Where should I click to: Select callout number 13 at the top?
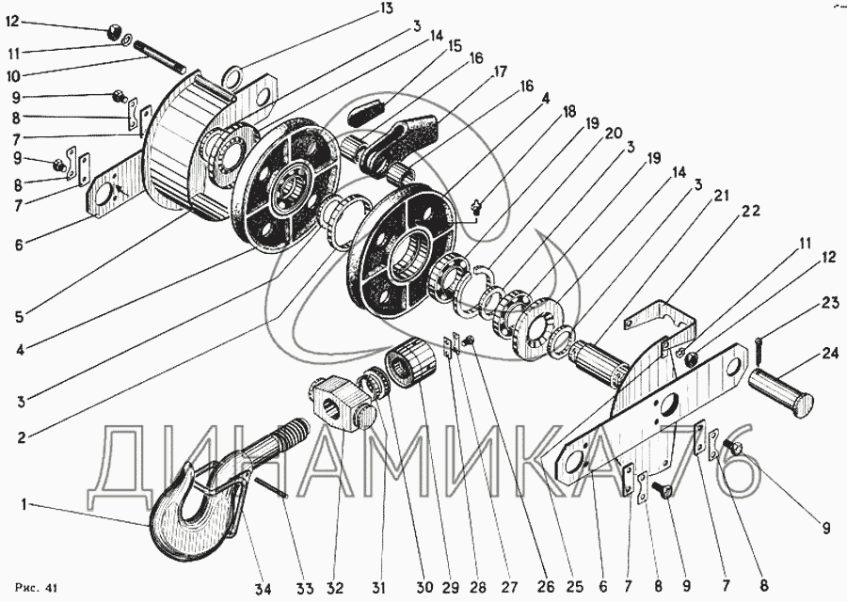coord(386,8)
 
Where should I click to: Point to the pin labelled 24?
coord(781,393)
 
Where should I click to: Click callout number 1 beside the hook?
coord(24,505)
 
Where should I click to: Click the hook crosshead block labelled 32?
coord(342,404)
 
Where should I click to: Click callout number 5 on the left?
coord(19,316)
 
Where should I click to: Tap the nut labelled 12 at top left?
coord(113,32)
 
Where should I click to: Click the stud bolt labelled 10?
coord(159,57)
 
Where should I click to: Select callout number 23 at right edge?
coord(830,303)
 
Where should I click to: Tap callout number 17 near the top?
coord(499,71)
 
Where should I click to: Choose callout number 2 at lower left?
coord(21,436)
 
